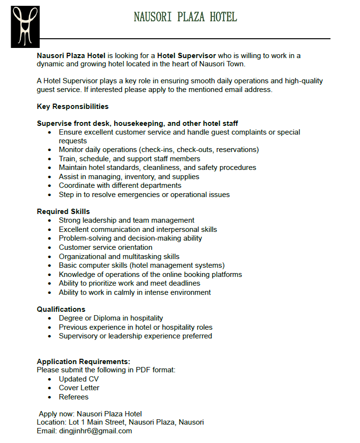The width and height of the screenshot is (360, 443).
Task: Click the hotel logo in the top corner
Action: pos(25,27)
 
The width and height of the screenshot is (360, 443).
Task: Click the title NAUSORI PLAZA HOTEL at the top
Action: pos(185,17)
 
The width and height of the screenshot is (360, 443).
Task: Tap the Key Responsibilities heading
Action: pos(73,107)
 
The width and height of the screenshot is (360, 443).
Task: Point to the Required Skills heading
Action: pos(63,212)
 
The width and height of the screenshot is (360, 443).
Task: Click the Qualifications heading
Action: pos(61,309)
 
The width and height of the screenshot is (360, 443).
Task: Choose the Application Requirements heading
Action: pos(83,362)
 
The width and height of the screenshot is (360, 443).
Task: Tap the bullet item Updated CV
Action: pos(78,379)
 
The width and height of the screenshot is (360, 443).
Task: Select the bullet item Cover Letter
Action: pos(79,388)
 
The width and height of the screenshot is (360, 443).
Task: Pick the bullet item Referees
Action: pos(74,397)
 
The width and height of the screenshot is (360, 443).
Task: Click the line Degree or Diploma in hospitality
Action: pos(111,318)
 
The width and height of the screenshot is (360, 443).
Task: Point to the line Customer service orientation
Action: pos(105,247)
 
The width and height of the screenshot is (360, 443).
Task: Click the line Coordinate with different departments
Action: pos(120,185)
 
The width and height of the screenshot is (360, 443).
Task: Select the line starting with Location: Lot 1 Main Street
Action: pos(120,422)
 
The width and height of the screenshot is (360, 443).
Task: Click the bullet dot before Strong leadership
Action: pos(50,221)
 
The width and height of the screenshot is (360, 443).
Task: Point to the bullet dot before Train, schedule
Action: pos(50,159)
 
